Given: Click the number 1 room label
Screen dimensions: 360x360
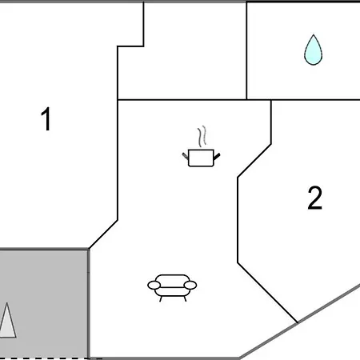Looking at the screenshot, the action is pyautogui.click(x=46, y=118).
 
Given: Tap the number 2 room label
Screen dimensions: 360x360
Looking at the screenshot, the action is pyautogui.click(x=315, y=198).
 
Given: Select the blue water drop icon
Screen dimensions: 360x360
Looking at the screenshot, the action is pyautogui.click(x=314, y=50).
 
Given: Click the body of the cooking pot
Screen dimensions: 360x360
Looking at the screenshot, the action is pyautogui.click(x=201, y=158).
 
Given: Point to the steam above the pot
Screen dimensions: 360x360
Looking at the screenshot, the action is pyautogui.click(x=202, y=136).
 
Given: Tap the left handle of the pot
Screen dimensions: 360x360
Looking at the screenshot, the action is pyautogui.click(x=186, y=156).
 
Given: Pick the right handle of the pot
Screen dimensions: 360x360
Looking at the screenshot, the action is pyautogui.click(x=217, y=157).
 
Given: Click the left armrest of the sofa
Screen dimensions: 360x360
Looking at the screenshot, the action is pyautogui.click(x=154, y=285).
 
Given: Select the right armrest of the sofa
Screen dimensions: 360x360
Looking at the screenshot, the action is pyautogui.click(x=190, y=285).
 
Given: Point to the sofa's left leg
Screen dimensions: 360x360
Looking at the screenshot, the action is pyautogui.click(x=161, y=299).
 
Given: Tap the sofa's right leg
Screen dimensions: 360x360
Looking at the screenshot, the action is pyautogui.click(x=185, y=299).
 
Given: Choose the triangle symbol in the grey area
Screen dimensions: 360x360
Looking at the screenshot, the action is pyautogui.click(x=7, y=322).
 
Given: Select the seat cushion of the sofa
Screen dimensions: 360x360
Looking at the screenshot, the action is pyautogui.click(x=172, y=291).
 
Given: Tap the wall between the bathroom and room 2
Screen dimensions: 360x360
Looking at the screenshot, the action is pyautogui.click(x=315, y=100).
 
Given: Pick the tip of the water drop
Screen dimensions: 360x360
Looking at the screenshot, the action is pyautogui.click(x=314, y=34).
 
